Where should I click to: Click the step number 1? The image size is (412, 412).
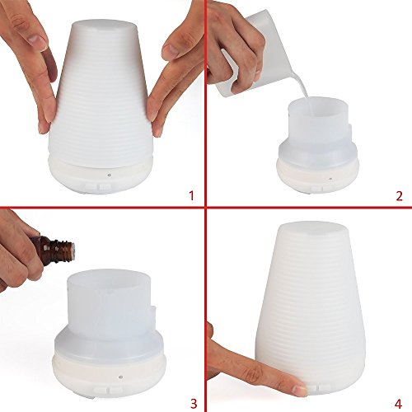click(x=190, y=195)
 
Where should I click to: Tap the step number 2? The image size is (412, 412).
click(x=398, y=195)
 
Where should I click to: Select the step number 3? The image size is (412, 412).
click(x=192, y=401)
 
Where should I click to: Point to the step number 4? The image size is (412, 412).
click(x=398, y=401)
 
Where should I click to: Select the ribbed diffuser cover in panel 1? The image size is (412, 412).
click(x=103, y=99)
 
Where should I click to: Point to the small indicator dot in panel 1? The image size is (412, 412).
click(x=108, y=176)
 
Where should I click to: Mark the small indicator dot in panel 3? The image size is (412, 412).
click(x=99, y=377)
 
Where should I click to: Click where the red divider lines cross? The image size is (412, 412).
click(x=206, y=207)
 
